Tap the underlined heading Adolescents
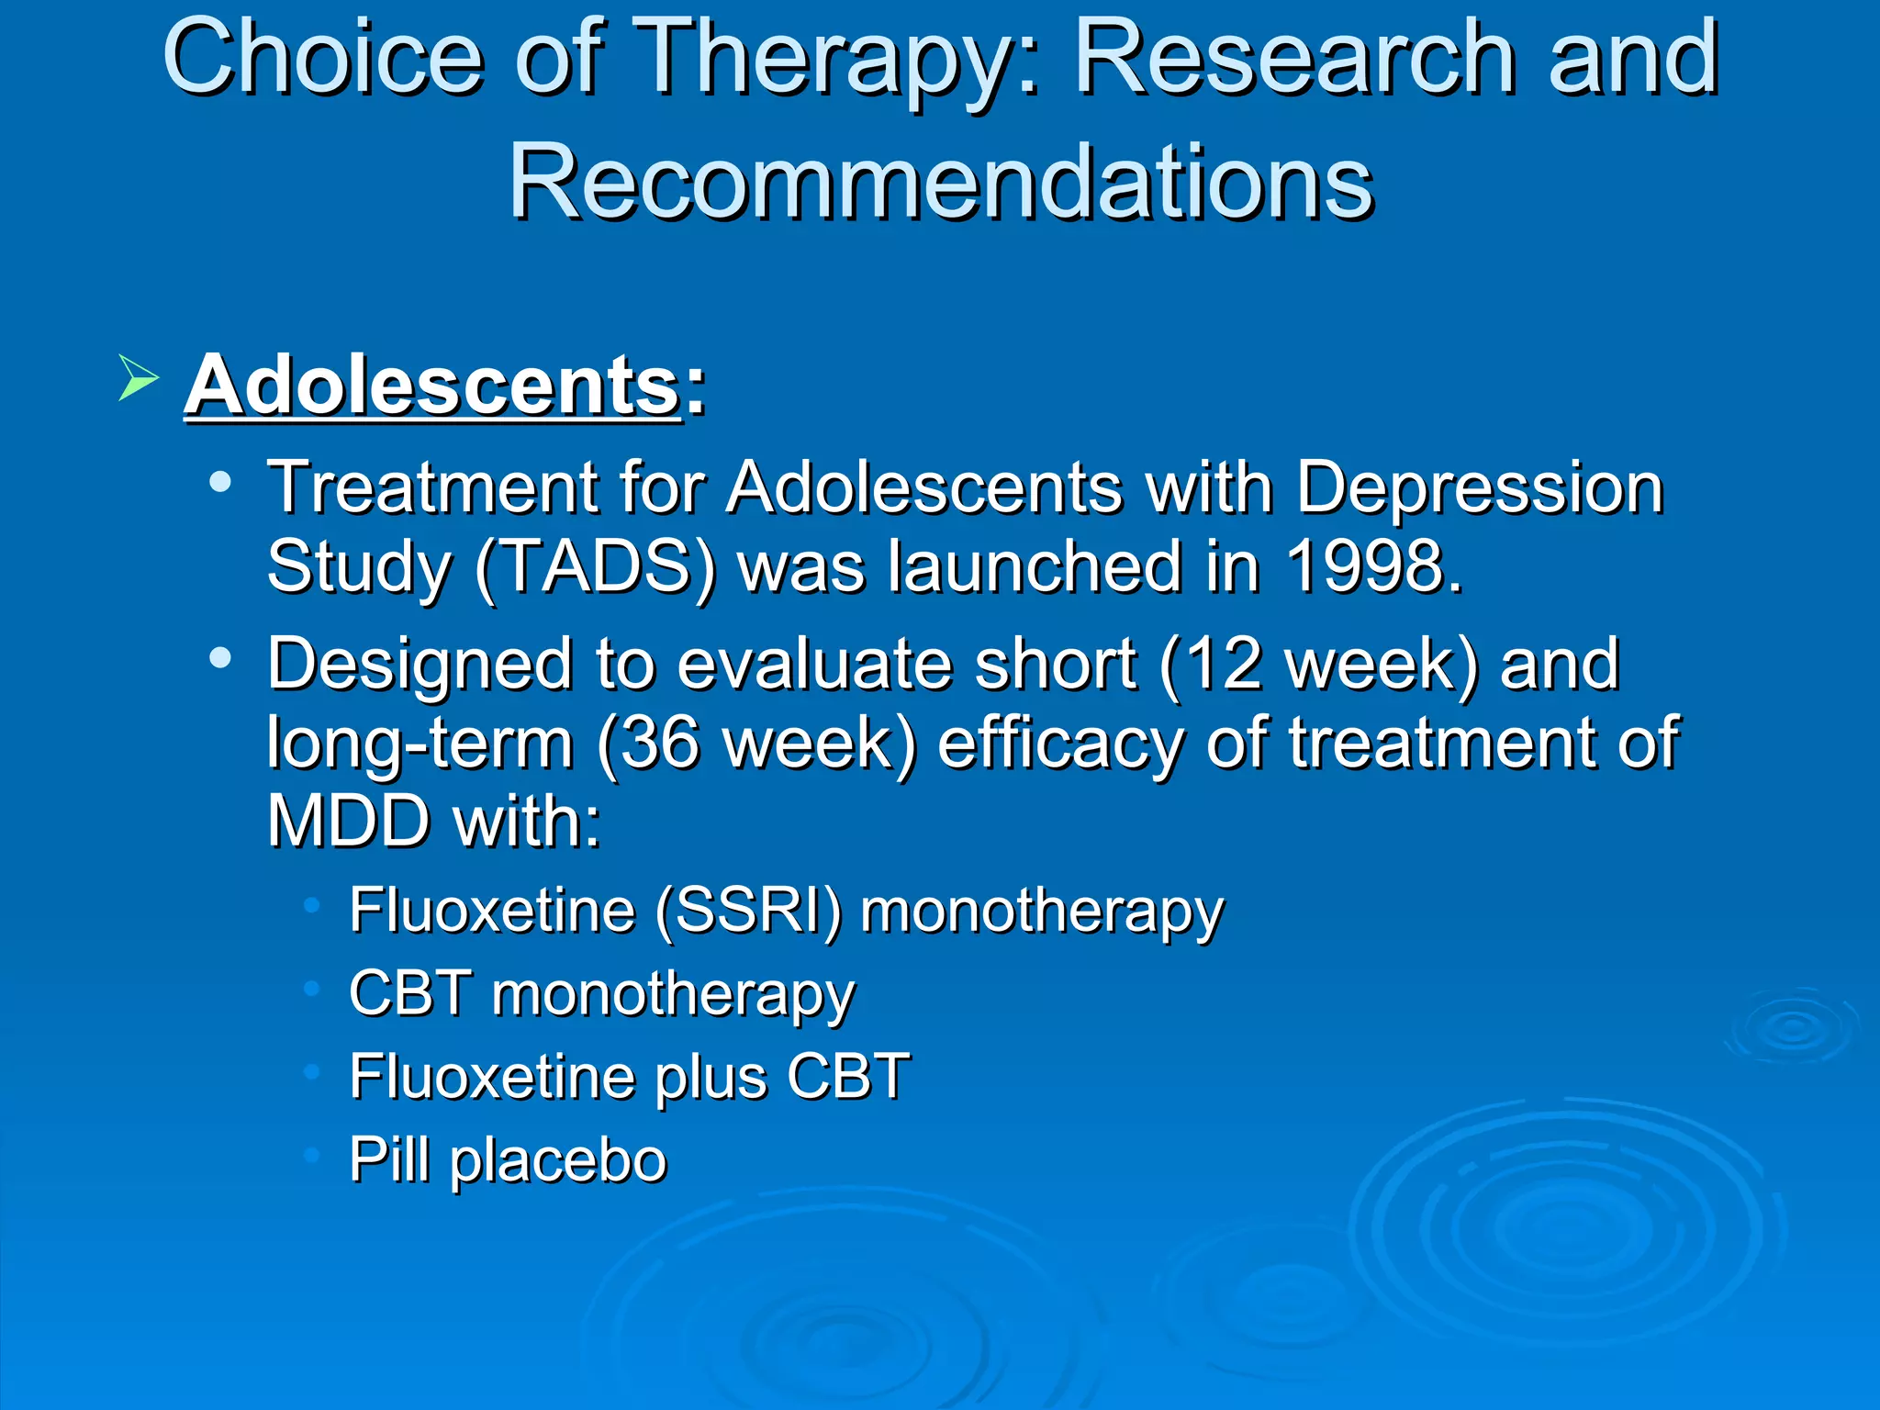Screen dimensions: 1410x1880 point(432,386)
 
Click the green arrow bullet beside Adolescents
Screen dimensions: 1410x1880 point(138,378)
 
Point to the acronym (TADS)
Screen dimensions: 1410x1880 point(596,567)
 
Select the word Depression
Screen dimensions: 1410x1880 point(1479,487)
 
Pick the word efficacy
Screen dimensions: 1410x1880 point(1060,743)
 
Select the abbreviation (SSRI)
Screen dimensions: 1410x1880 point(748,912)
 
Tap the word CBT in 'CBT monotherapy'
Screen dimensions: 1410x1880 point(410,994)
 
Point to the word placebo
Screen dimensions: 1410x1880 point(558,1160)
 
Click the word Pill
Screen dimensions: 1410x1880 point(389,1159)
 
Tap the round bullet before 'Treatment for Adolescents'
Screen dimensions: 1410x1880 point(219,481)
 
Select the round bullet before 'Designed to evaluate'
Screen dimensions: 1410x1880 point(219,657)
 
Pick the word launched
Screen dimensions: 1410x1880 point(1035,566)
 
